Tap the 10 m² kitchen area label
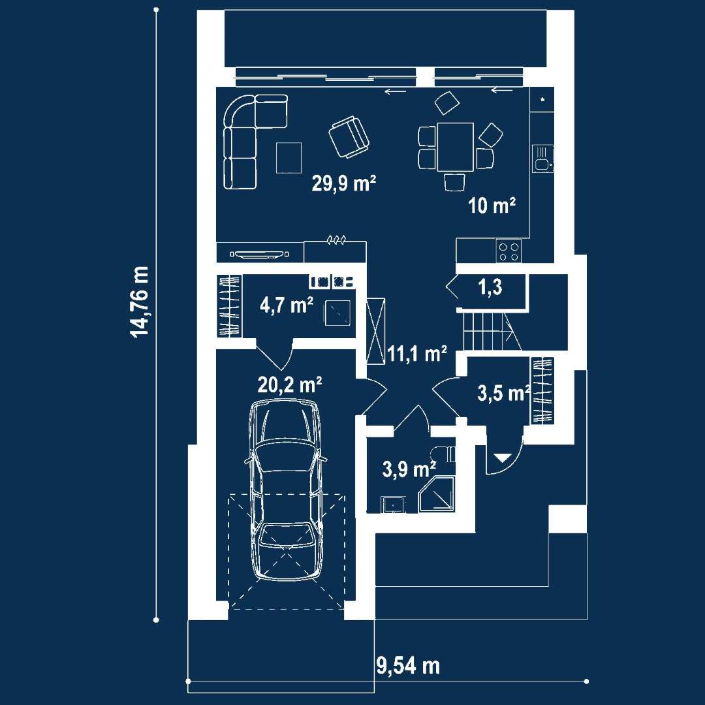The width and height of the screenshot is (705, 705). coord(492,206)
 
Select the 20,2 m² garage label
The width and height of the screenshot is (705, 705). coord(290,385)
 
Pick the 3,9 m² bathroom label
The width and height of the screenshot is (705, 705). coord(409,469)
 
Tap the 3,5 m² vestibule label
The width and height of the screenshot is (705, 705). coord(503,394)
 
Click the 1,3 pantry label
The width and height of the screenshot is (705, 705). coord(490,287)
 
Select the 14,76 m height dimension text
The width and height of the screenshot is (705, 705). coord(139,301)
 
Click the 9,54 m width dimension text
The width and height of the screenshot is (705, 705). coord(408,665)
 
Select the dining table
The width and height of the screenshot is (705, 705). coord(456,147)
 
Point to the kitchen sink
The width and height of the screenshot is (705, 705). coord(543,158)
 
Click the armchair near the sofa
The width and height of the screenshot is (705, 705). coord(349,137)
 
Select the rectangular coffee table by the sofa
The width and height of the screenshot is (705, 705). coord(289,157)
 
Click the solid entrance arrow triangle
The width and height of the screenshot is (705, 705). coord(502,458)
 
